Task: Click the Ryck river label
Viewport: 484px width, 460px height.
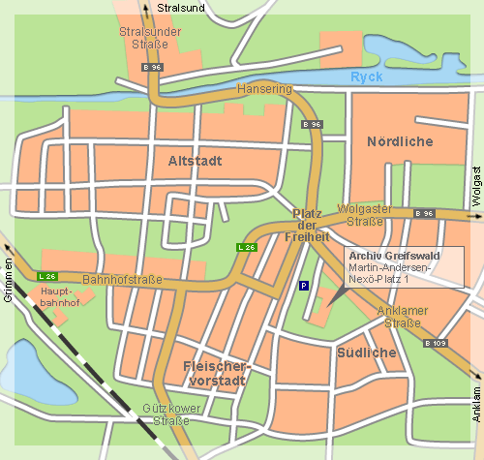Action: (x=367, y=77)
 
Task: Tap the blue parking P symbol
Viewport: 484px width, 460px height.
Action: (x=304, y=286)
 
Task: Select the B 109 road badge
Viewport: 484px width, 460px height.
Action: (x=436, y=343)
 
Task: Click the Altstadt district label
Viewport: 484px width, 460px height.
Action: (x=197, y=160)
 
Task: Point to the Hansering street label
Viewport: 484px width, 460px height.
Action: (x=263, y=88)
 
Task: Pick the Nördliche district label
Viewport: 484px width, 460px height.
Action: (x=399, y=142)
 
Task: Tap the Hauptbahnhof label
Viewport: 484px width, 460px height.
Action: (x=60, y=296)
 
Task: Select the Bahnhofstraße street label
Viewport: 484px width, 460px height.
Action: (x=122, y=280)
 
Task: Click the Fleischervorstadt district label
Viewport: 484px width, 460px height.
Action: (x=216, y=374)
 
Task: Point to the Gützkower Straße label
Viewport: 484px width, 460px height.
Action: (x=171, y=414)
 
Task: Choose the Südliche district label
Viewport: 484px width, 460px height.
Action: (x=367, y=353)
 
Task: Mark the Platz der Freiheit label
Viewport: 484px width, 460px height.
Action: (x=311, y=225)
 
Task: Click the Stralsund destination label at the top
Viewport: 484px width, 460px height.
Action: (x=181, y=8)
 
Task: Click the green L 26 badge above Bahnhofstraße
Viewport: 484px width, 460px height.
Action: (x=46, y=276)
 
